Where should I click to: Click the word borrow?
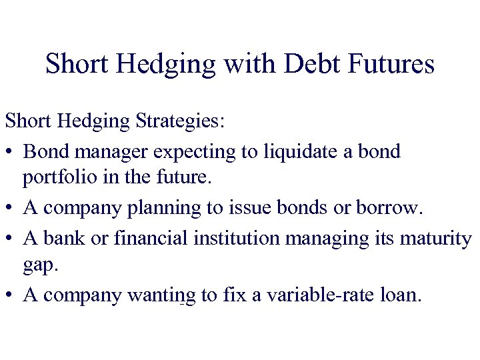coord(390,208)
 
